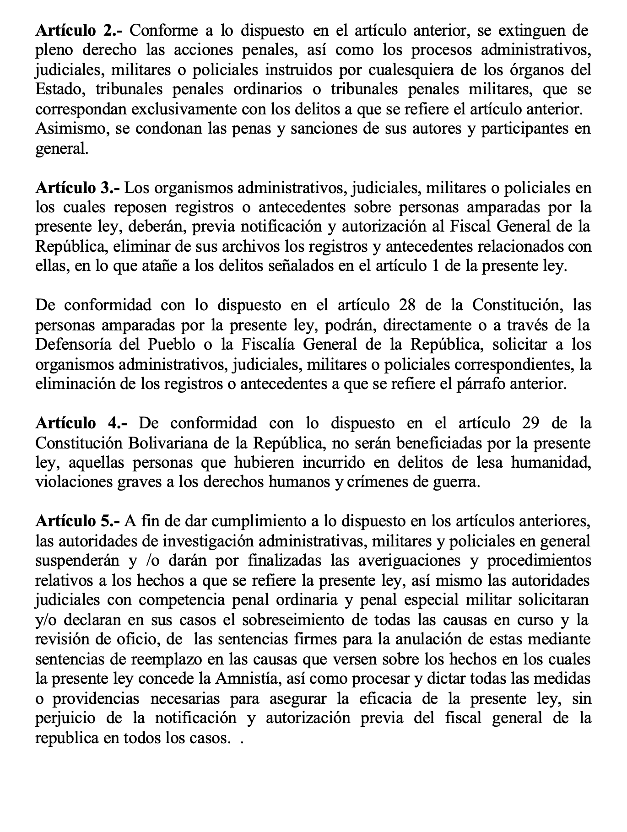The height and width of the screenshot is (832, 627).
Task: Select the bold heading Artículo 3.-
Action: coord(77,188)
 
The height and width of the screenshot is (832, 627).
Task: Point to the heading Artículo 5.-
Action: coord(77,521)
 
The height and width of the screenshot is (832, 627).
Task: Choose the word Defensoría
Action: coord(73,345)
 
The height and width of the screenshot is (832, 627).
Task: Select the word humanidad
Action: coord(551,463)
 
